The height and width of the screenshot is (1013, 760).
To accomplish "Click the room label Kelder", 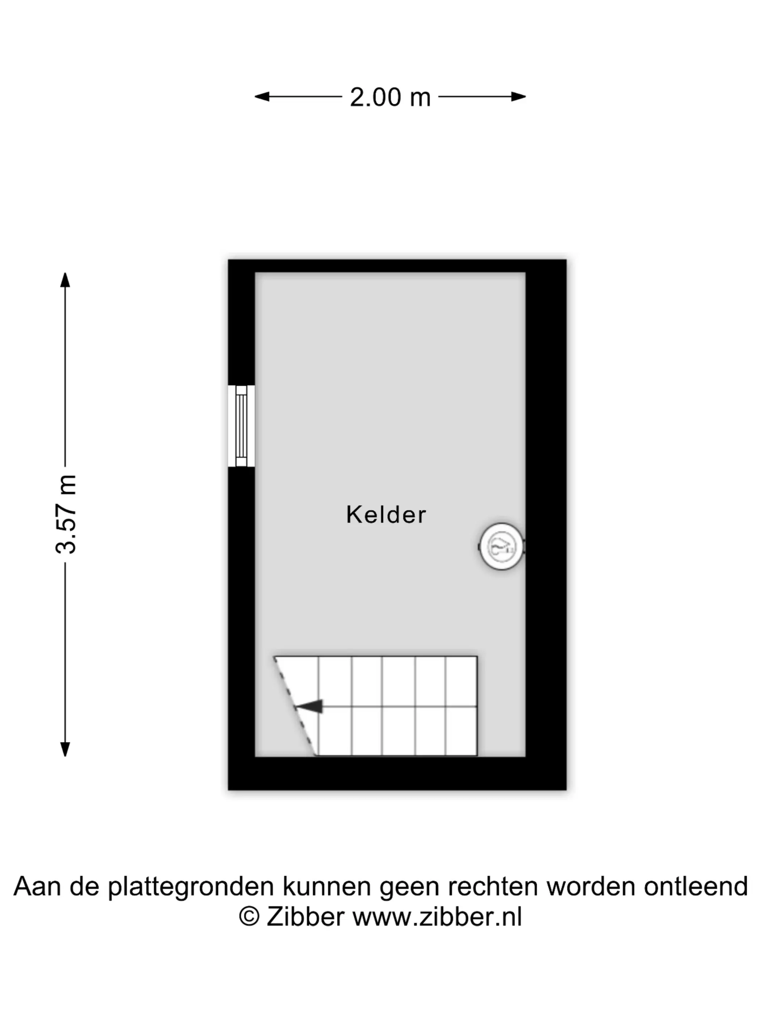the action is click(386, 514).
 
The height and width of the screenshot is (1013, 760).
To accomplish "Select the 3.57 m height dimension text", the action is click(66, 514).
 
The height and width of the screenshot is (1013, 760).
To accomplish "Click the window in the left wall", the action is click(241, 426).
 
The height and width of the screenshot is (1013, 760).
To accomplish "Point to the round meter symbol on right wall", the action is click(502, 546).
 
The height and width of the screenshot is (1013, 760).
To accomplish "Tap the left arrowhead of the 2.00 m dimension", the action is click(262, 97).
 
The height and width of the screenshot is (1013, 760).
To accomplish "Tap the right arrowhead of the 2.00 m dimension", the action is click(518, 97).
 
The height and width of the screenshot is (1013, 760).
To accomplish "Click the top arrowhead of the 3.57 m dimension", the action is click(65, 280).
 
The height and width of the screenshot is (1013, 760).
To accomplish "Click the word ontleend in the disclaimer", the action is click(696, 886).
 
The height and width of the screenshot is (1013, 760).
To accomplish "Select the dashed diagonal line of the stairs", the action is click(295, 706).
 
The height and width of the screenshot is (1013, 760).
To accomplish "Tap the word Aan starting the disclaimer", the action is click(38, 886).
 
